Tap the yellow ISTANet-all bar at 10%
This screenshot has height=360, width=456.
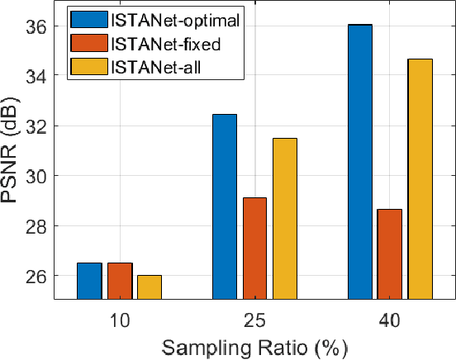tap(150, 287)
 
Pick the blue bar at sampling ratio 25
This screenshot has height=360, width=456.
tap(225, 206)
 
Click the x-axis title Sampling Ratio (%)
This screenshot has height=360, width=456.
tap(254, 347)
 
